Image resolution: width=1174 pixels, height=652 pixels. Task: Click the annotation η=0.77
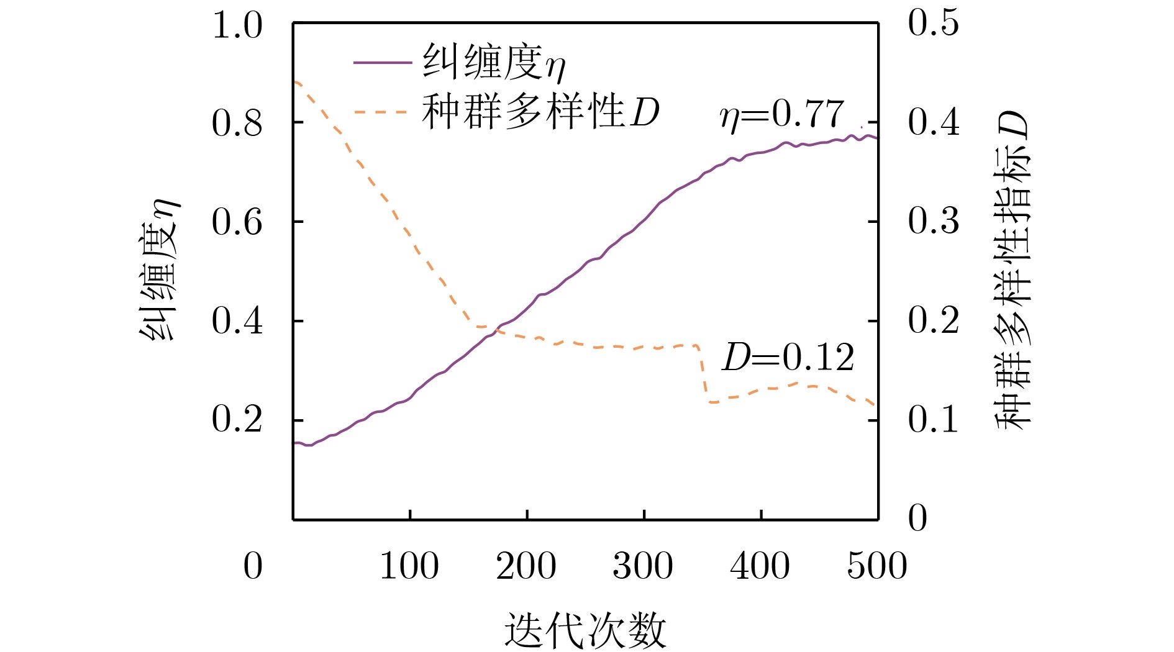[x=782, y=115]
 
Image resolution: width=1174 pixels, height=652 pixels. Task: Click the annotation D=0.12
[x=788, y=358]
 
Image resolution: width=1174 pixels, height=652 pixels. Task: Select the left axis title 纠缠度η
[x=159, y=271]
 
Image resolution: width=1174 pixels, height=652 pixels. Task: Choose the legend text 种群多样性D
[x=540, y=112]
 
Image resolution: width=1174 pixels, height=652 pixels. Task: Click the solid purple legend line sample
[x=382, y=63]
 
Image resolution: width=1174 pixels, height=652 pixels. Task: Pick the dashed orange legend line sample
[x=382, y=112]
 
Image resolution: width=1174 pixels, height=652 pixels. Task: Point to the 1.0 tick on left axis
[x=237, y=26]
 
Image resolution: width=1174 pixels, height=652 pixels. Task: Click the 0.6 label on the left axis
[x=237, y=222]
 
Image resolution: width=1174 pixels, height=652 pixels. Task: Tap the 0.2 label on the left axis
[x=237, y=420]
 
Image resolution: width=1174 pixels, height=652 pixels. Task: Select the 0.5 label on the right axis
[x=934, y=24]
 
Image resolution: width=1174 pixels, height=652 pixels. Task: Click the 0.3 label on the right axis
[x=934, y=221]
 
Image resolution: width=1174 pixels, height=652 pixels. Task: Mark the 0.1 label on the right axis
[x=934, y=420]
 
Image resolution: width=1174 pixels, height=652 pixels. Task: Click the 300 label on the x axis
[x=643, y=566]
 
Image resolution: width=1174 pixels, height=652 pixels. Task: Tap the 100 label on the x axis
[x=409, y=566]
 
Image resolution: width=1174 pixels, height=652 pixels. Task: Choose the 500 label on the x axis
[x=876, y=566]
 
